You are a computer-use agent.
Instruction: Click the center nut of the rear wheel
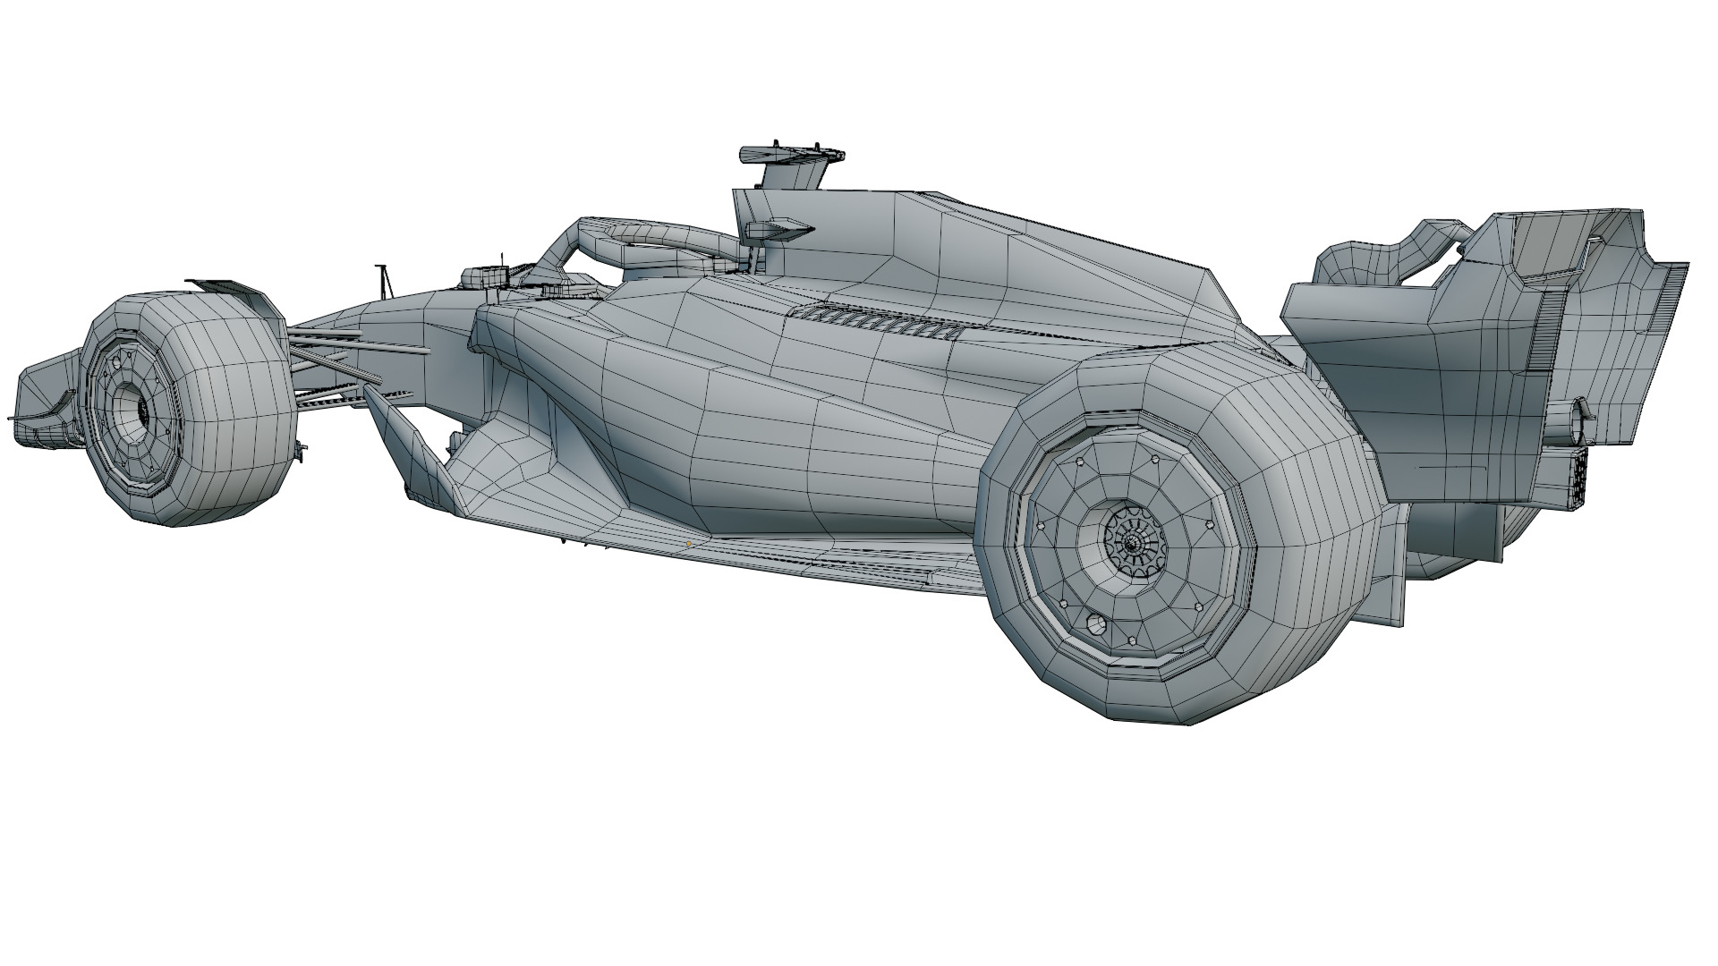1131,543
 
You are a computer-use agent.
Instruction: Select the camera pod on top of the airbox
792,155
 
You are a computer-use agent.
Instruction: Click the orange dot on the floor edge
688,543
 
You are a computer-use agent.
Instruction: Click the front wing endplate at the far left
40,394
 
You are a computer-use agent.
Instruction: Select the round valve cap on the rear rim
1094,624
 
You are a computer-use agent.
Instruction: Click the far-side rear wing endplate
1351,268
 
